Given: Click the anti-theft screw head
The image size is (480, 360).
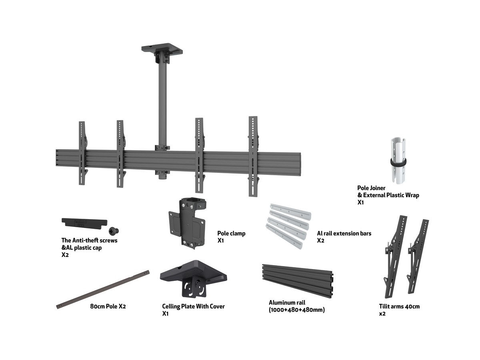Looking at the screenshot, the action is [x=114, y=231].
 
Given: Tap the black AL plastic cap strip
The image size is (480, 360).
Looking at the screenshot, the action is [x=84, y=224].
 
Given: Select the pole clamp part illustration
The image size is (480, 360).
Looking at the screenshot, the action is [x=187, y=223].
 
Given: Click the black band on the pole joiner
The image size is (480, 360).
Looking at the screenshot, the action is [x=398, y=162].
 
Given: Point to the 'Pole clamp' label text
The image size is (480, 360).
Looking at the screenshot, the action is [x=231, y=234].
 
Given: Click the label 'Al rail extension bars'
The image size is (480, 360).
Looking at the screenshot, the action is [x=344, y=234].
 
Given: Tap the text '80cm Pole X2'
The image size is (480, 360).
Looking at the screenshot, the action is [x=108, y=306].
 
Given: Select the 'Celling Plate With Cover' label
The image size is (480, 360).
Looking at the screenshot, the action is [x=193, y=306].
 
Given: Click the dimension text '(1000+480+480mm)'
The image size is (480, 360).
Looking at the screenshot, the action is [x=297, y=310].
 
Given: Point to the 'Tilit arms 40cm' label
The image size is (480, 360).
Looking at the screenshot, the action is [x=399, y=306].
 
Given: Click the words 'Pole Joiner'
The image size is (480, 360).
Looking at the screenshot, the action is [x=371, y=188].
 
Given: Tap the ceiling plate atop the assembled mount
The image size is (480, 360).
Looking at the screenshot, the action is [x=162, y=48].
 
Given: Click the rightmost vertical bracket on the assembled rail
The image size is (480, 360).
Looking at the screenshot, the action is [x=253, y=156].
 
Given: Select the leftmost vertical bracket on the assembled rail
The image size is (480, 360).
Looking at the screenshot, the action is [x=82, y=153].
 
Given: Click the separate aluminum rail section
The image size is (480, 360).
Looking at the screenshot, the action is [x=298, y=281].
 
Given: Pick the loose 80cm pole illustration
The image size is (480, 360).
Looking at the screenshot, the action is [x=103, y=290].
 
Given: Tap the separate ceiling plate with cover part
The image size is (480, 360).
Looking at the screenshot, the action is [x=193, y=278].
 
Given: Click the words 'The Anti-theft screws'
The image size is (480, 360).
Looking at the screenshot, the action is [x=89, y=240].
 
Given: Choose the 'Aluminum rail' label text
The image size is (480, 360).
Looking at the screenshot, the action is [x=287, y=303].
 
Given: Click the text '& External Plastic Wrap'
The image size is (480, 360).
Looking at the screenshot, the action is [x=388, y=195].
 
